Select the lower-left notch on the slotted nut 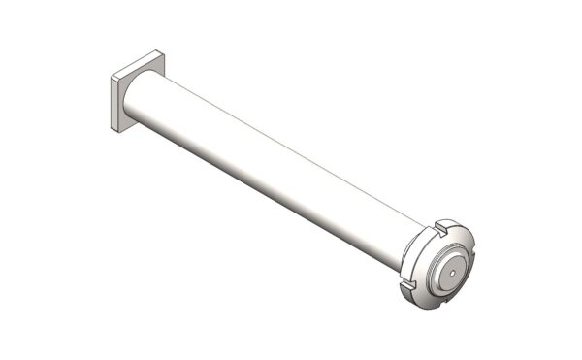[406, 283]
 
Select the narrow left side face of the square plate [114, 106]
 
